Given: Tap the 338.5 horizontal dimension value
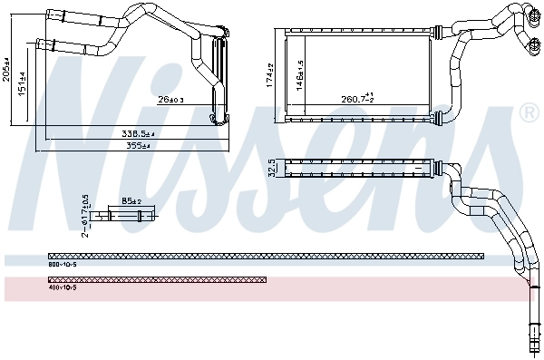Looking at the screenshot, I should [x=138, y=133].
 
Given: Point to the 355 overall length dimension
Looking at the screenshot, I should [x=138, y=144].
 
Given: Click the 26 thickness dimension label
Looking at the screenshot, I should [x=170, y=99].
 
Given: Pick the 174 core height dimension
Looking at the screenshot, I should [x=270, y=76].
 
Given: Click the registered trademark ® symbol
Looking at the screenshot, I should [x=529, y=112].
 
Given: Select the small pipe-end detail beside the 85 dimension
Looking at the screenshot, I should [x=131, y=215].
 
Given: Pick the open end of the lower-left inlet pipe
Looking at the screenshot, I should [x=37, y=42].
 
